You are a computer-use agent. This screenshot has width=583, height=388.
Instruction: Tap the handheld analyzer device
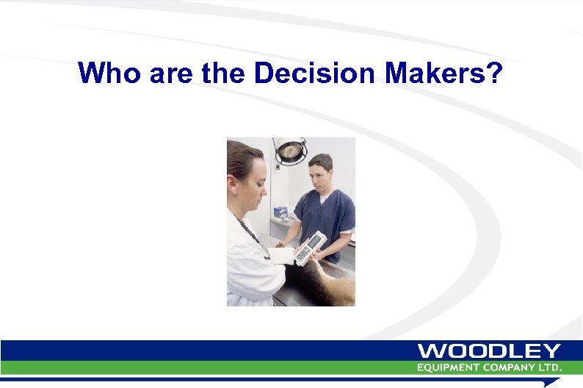click(x=310, y=248)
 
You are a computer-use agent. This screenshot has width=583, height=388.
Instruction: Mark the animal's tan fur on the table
click(x=334, y=287)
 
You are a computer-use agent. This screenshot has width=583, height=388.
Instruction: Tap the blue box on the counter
click(x=280, y=212)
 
